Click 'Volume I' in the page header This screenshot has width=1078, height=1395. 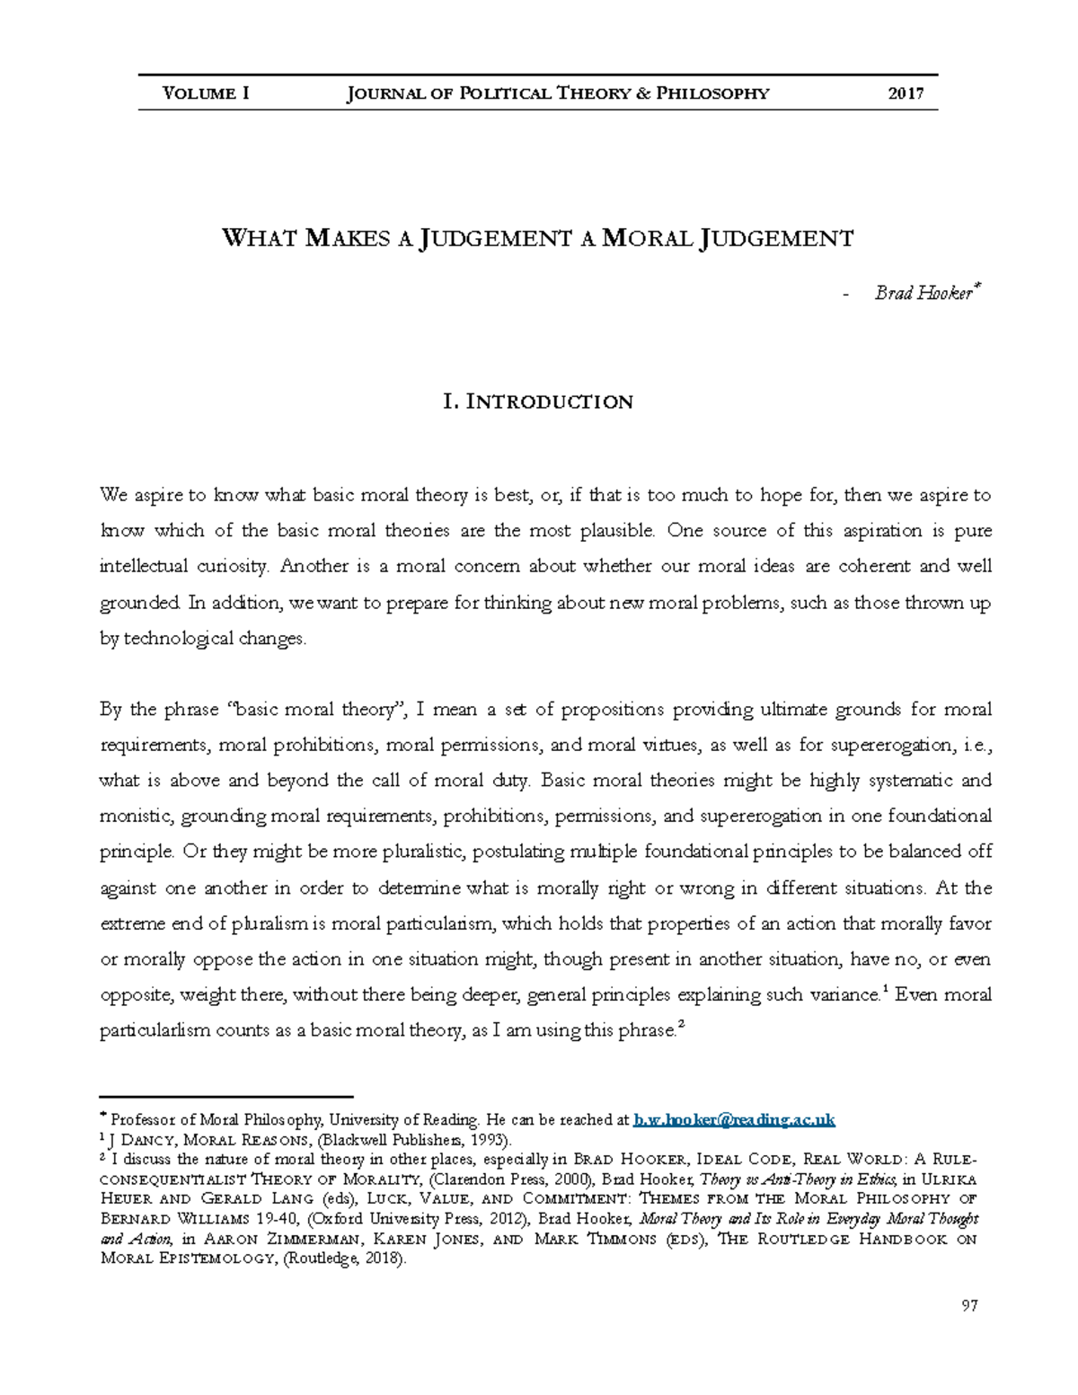(x=206, y=93)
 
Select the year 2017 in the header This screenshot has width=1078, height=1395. (x=906, y=93)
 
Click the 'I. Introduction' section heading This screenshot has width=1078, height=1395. (x=538, y=402)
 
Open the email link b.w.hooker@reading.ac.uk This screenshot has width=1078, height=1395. (x=734, y=1120)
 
